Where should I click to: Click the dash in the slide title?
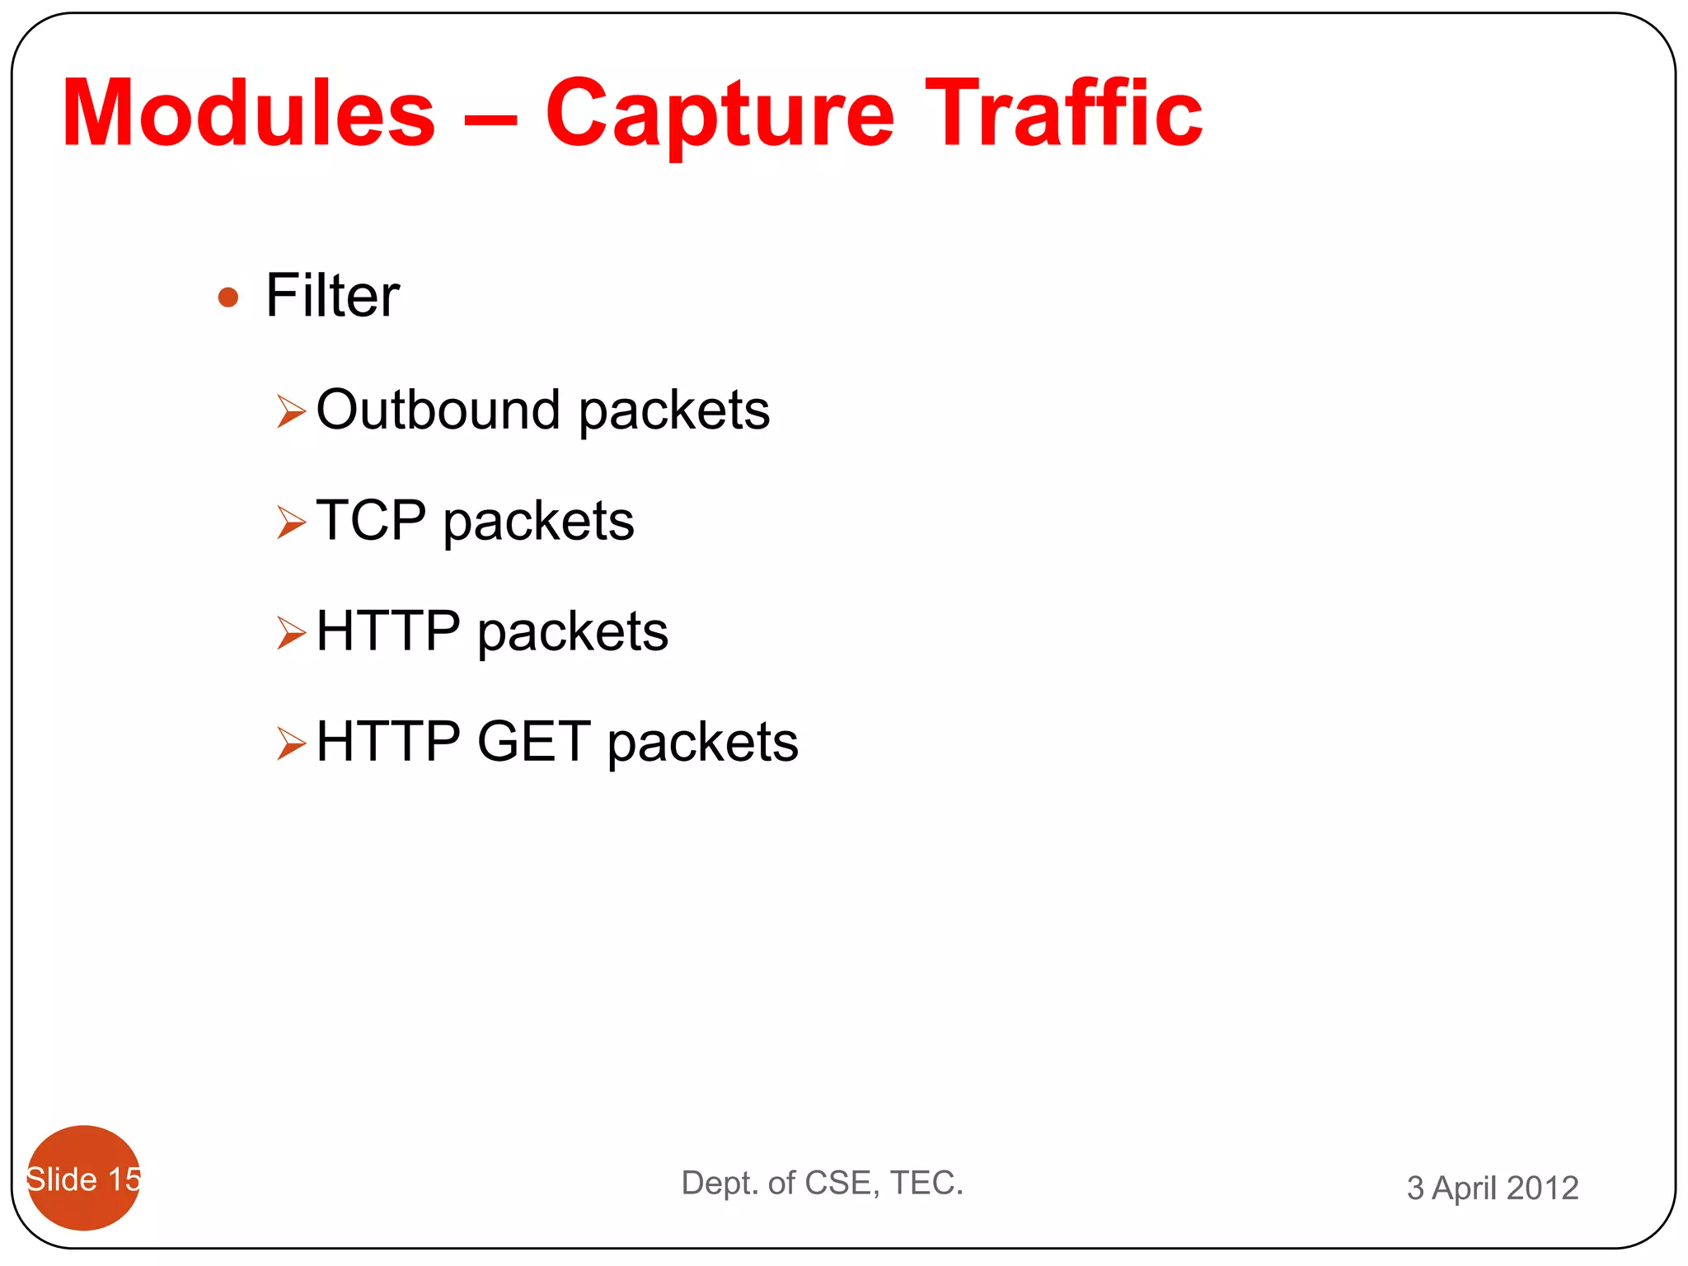tap(491, 120)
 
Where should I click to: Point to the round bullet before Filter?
tap(228, 297)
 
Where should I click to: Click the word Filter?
tap(332, 295)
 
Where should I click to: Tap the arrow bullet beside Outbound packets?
tap(291, 411)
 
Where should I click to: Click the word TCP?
tap(371, 520)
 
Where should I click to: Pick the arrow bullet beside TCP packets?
tap(291, 522)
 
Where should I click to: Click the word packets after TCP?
tap(538, 523)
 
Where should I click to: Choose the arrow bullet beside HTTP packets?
tap(291, 632)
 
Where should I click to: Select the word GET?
tap(534, 741)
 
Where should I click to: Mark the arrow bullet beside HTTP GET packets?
tap(291, 743)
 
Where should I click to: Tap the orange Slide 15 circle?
tap(83, 1179)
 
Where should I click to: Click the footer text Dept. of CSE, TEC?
tap(822, 1183)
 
